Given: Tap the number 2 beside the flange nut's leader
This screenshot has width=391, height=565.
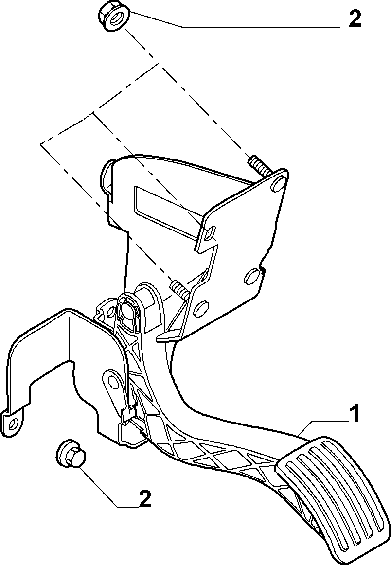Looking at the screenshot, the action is click(355, 19).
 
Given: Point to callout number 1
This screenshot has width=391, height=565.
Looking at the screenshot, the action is click(355, 413).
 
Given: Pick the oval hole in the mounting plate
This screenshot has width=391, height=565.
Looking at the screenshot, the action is click(251, 276).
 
